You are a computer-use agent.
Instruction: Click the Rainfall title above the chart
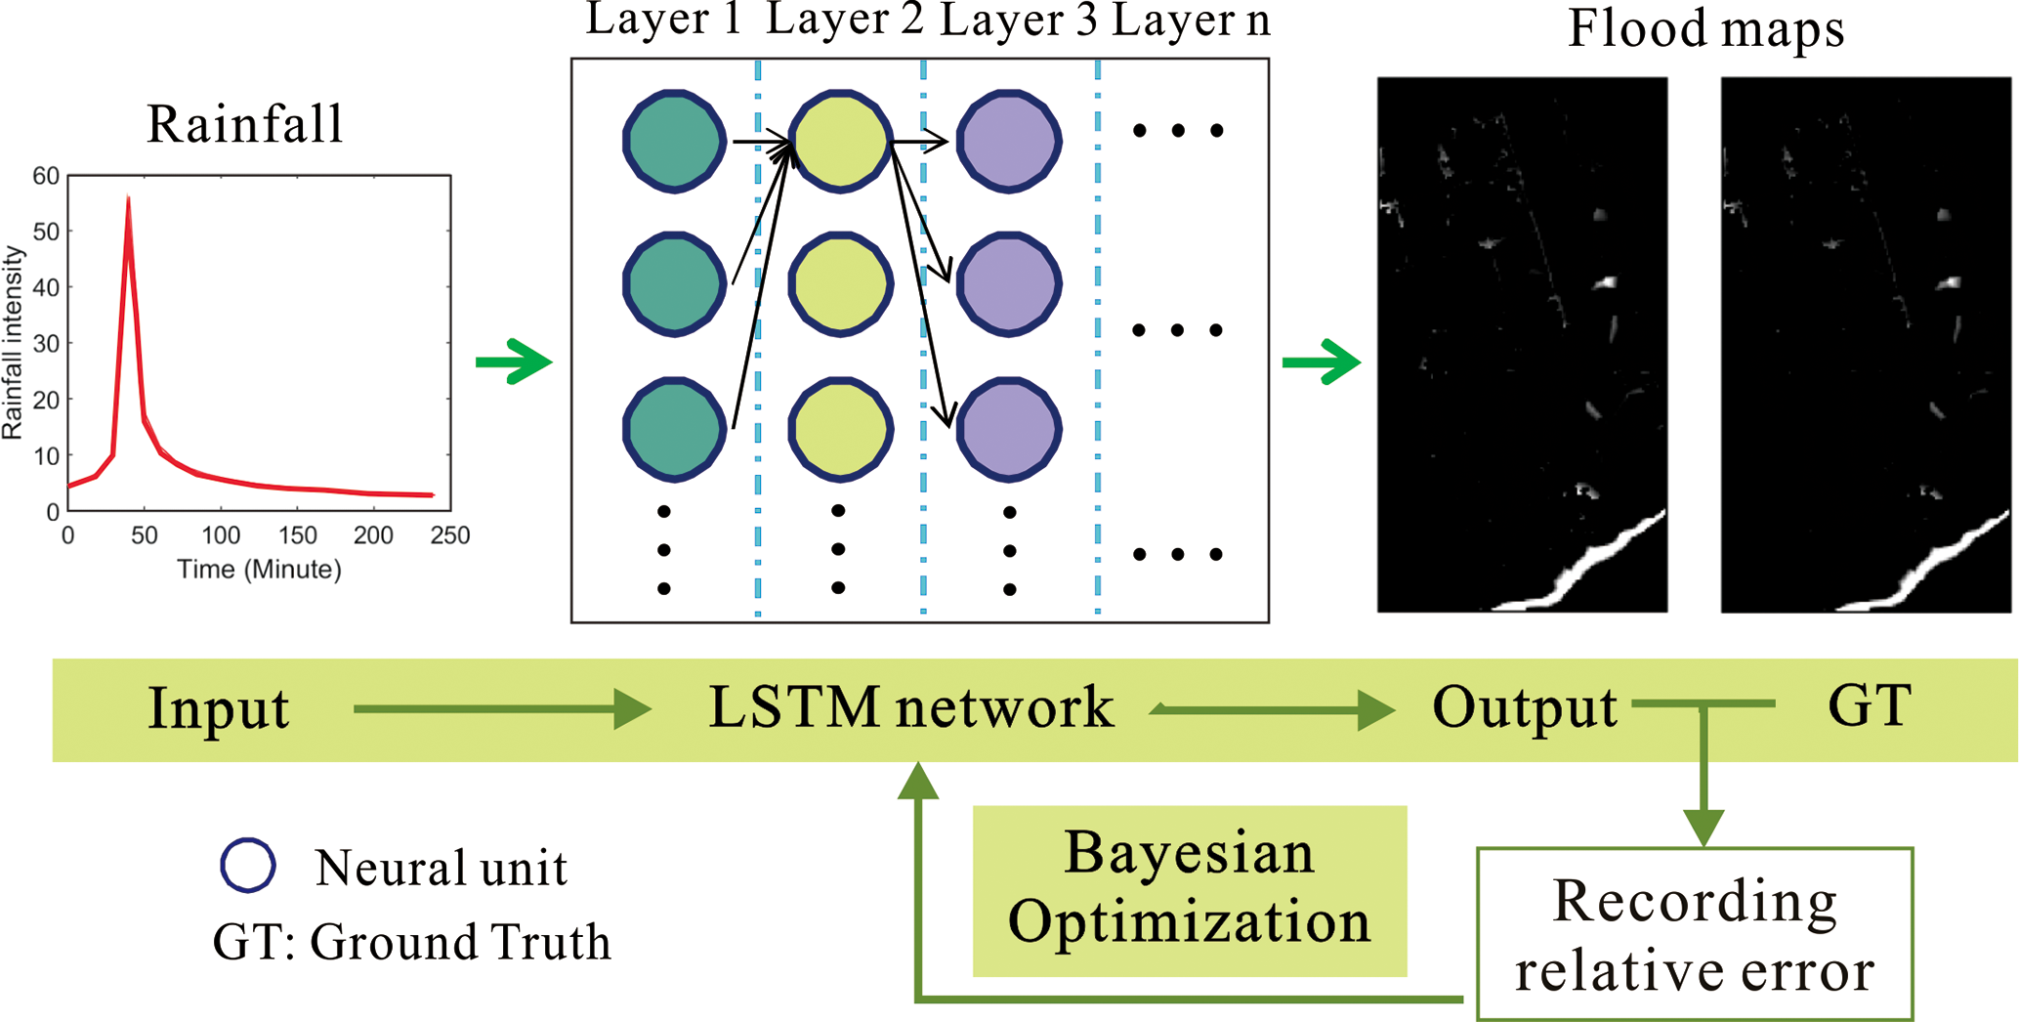(245, 125)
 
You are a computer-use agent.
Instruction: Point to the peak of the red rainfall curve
(128, 200)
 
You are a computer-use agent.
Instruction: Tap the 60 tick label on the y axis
(46, 177)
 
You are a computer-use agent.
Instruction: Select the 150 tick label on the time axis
(297, 535)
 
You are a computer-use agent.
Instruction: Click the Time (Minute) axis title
(259, 570)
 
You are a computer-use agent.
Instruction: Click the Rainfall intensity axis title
(13, 342)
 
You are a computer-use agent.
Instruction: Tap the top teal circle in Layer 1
(674, 142)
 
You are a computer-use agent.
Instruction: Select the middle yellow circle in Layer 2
(840, 284)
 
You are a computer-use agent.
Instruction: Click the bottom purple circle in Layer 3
(1008, 428)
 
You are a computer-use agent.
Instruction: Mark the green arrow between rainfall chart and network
(514, 362)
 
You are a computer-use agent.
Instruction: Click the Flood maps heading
(1705, 29)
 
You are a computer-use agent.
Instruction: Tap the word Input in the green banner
(219, 709)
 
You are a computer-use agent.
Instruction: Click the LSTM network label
(910, 709)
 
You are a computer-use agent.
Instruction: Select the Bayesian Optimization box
(1189, 890)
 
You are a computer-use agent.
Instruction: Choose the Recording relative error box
(1694, 934)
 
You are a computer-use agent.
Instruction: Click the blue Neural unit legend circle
(248, 865)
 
